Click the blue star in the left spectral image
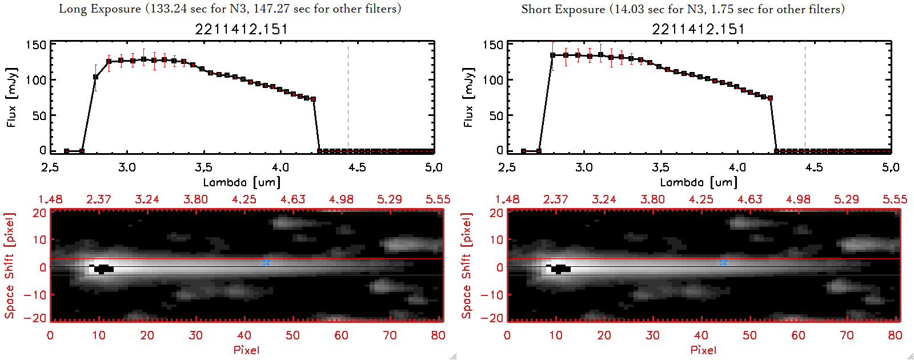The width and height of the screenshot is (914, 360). pos(266,262)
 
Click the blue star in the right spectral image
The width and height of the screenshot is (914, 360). pos(723,262)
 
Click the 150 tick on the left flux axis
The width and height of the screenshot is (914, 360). pos(35,45)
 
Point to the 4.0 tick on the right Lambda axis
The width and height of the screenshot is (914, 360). pos(737,167)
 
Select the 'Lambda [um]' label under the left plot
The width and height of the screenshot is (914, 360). pos(242,182)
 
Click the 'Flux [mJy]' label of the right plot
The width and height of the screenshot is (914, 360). pos(468,97)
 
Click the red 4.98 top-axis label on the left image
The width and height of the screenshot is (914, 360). pos(341,199)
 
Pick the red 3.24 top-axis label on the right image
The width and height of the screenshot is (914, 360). pos(604,199)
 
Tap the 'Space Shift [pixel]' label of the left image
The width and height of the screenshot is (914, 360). pos(9,266)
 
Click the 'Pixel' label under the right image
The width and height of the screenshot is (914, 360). pos(703,350)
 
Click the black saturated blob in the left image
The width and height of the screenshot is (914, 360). pos(102,268)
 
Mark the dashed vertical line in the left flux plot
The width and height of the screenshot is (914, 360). pos(348,97)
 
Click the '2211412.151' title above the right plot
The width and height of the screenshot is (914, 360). pos(698,29)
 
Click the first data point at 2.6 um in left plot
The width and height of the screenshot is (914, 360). pos(67,151)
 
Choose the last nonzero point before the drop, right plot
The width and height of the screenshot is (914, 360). pos(770,98)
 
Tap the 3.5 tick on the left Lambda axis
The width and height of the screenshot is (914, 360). pos(203,167)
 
